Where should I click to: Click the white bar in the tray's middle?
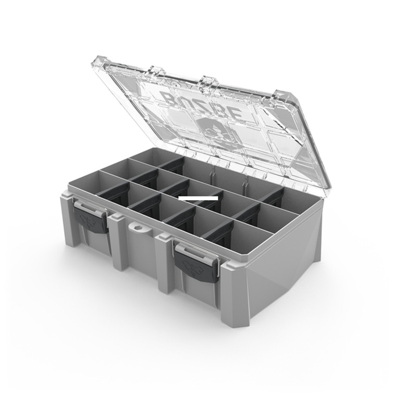(198, 198)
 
